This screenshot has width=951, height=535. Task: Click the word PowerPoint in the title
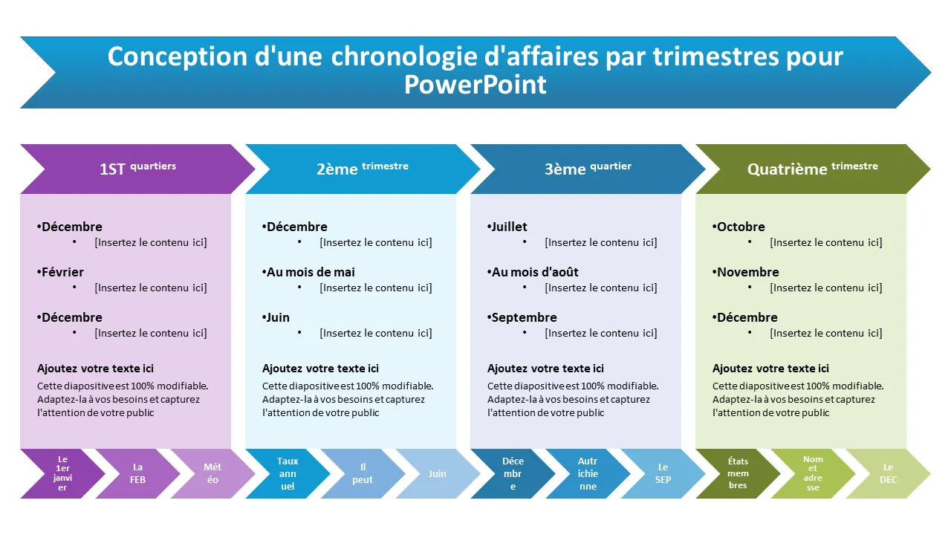pos(475,85)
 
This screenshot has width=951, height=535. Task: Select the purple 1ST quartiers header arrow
pos(137,169)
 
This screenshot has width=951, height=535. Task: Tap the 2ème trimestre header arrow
pos(363,169)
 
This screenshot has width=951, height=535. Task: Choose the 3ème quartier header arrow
pos(588,169)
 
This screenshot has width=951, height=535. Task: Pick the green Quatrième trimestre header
pos(812,169)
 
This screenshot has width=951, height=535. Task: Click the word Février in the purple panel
pos(62,272)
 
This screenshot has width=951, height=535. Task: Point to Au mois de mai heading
pos(311,272)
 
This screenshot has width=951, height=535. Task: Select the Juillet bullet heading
pos(509,227)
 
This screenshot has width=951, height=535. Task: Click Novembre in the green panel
pos(747,272)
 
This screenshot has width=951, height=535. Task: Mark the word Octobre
pos(741,227)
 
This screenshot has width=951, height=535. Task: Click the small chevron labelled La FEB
pos(138,473)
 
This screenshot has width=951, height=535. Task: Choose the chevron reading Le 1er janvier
pos(62,473)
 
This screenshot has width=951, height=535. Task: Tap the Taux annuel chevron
pos(288,473)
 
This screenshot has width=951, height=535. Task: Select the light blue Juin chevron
pos(438,473)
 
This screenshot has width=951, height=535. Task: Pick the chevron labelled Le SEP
pos(663,473)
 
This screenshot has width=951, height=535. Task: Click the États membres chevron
pos(738,473)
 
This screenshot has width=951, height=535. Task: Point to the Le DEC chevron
pos(888,473)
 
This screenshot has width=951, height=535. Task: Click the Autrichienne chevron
pos(588,473)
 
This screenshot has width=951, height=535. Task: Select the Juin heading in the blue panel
pos(278,317)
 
